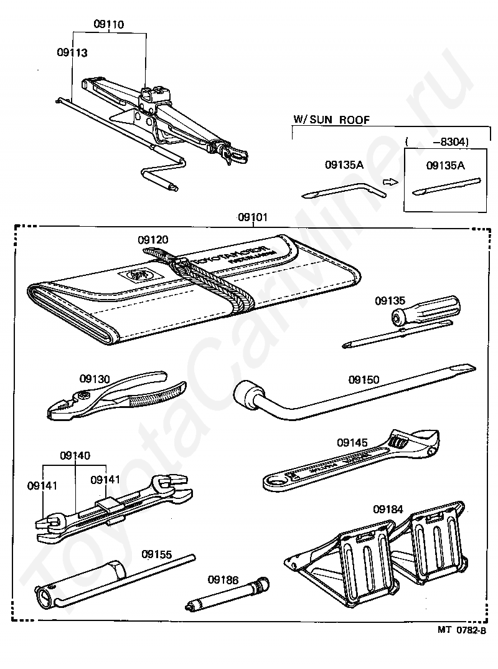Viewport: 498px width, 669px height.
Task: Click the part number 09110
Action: click(109, 25)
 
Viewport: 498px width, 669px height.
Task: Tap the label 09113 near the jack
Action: click(72, 53)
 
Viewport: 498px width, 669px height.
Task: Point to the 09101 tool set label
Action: click(253, 218)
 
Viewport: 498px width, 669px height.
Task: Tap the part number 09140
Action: click(75, 455)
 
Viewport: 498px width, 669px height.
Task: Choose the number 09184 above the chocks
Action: click(388, 509)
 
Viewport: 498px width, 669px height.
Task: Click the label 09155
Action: click(156, 554)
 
